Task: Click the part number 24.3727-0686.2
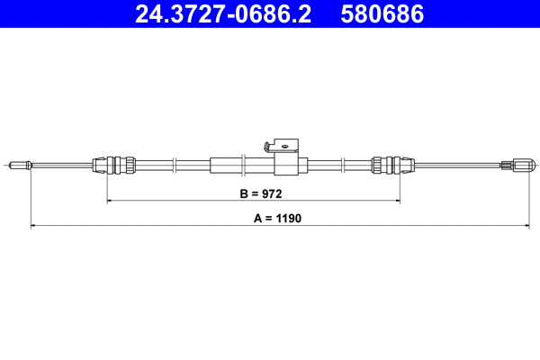[223, 13]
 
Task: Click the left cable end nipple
[19, 165]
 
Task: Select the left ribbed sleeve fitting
[114, 165]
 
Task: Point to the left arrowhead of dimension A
[33, 225]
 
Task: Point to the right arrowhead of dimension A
[533, 225]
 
